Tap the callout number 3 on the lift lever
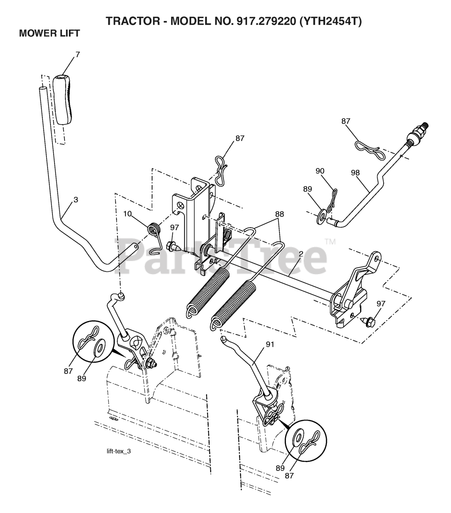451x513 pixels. click(76, 200)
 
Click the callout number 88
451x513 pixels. click(280, 214)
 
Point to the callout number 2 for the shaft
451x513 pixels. click(300, 254)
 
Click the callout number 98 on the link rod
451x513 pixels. click(355, 173)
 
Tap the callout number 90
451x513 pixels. click(320, 171)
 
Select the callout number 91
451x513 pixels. click(270, 344)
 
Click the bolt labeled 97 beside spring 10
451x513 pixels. click(173, 246)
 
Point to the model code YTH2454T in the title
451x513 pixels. click(331, 21)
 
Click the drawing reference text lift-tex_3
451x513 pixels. click(119, 451)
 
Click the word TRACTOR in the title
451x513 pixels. click(133, 21)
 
